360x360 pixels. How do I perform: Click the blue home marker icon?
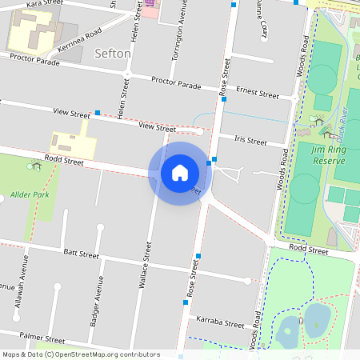[179, 173]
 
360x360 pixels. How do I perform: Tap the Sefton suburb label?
[113, 54]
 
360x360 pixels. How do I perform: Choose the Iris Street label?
[250, 141]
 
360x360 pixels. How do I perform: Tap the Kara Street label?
[45, 4]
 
